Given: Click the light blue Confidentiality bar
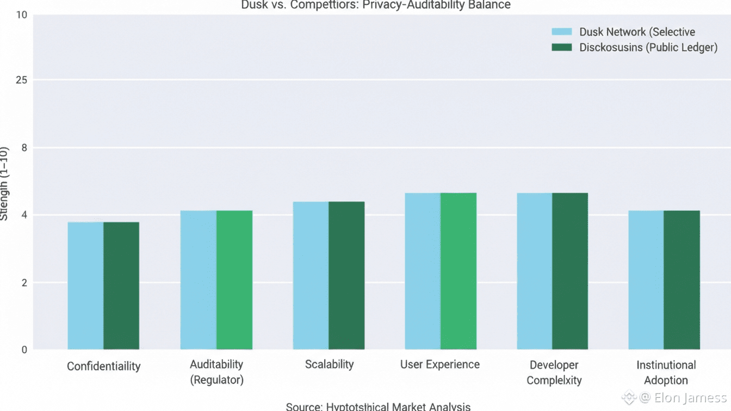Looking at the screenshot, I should [x=85, y=285].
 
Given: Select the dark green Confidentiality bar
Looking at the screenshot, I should [x=121, y=285].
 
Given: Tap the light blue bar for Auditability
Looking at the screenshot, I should [x=199, y=280].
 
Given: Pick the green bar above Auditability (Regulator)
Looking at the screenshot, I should [x=234, y=280].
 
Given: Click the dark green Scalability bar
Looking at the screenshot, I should [x=346, y=275].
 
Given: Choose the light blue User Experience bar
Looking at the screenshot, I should [x=423, y=271].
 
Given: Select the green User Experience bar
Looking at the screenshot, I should [x=459, y=271].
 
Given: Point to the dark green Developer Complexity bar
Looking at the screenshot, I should [x=570, y=271].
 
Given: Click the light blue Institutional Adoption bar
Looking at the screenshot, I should [x=646, y=280].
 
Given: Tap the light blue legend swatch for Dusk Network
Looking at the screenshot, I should [x=562, y=32].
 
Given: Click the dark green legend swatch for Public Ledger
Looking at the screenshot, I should [x=562, y=47].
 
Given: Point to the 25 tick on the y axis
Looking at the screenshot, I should [x=21, y=80].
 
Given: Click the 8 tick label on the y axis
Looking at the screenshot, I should [x=24, y=148].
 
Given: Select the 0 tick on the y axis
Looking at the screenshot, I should [x=24, y=349].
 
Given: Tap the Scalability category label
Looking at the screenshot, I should [x=329, y=364].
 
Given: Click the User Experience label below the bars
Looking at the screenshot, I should [x=440, y=364].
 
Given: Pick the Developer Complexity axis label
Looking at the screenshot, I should [x=554, y=372].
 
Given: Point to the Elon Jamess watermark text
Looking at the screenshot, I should [x=684, y=397].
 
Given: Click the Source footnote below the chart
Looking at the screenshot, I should [x=378, y=406].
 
